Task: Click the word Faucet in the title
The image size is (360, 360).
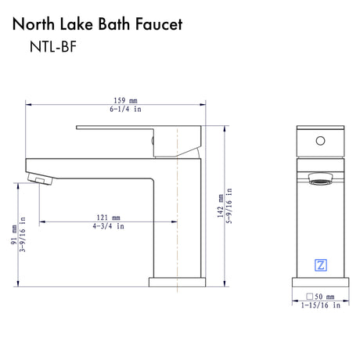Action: point(159,24)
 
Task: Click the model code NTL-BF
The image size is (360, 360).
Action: point(53,47)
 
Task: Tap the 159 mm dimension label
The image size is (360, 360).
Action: point(125,100)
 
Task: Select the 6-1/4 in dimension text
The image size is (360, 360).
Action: point(125,109)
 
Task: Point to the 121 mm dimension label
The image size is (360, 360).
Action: point(108,218)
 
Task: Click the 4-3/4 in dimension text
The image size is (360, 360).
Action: point(108,226)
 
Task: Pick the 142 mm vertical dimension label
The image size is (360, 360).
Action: point(221,206)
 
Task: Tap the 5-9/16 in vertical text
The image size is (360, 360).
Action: point(229,206)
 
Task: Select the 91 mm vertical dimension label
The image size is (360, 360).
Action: point(14,235)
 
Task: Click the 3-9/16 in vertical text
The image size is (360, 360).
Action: point(23,235)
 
